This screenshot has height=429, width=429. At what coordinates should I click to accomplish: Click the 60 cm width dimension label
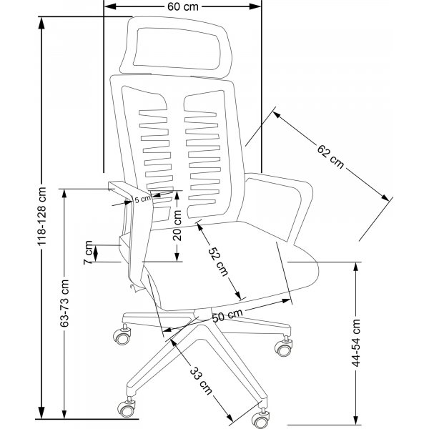tap(183, 6)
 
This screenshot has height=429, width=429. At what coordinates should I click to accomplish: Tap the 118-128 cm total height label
tap(42, 216)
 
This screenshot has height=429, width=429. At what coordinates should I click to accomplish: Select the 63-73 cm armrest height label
tap(64, 303)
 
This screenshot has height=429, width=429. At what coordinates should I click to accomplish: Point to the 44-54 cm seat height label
tap(356, 343)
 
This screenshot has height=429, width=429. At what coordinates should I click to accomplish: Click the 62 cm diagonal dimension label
tap(330, 156)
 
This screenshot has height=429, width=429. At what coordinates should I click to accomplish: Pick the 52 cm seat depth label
tap(219, 262)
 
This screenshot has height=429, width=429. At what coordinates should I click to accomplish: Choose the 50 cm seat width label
tap(227, 315)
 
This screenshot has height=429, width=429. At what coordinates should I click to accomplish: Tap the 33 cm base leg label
tap(201, 380)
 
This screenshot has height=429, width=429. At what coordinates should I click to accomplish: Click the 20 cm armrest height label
tap(177, 225)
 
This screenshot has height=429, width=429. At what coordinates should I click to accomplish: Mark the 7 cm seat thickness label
tap(88, 252)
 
